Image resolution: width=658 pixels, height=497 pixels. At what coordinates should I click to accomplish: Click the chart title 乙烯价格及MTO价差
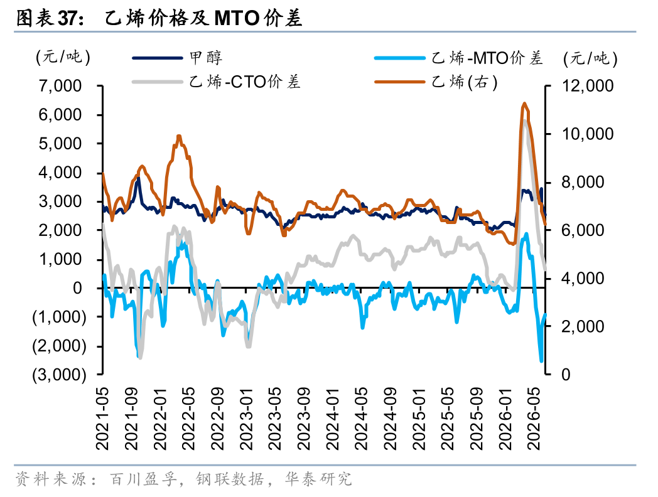pyautogui.click(x=203, y=18)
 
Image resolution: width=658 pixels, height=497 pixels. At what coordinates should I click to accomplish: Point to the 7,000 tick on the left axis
pyautogui.click(x=60, y=86)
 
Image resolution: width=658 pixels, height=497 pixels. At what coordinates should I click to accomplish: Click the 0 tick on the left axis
pyautogui.click(x=77, y=288)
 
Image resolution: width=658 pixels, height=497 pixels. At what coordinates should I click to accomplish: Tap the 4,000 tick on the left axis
pyautogui.click(x=60, y=173)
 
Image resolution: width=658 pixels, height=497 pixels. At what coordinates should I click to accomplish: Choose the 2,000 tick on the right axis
pyautogui.click(x=583, y=326)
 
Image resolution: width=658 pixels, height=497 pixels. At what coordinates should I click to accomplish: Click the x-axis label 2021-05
pyautogui.click(x=102, y=418)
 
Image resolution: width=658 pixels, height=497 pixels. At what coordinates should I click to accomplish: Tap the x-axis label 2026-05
pyautogui.click(x=534, y=418)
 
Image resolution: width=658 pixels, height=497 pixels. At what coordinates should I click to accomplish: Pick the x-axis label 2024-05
pyautogui.click(x=361, y=418)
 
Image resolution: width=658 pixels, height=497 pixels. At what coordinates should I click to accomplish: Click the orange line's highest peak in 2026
pyautogui.click(x=524, y=103)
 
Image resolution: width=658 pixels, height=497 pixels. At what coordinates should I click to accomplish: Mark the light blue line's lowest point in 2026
pyautogui.click(x=541, y=361)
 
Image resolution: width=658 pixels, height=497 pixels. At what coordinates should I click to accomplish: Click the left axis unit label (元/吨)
pyautogui.click(x=63, y=58)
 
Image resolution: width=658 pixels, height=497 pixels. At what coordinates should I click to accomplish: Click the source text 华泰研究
pyautogui.click(x=318, y=479)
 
